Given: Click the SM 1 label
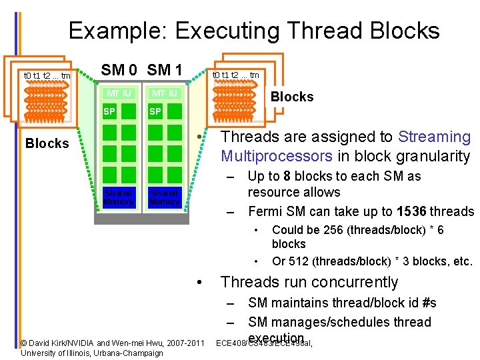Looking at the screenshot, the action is [165, 70].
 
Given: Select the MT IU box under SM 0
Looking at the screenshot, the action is [119, 94].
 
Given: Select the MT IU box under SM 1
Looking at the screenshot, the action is [164, 94].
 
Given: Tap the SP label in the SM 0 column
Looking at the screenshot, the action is [109, 111].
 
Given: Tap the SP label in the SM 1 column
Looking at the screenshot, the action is [155, 111].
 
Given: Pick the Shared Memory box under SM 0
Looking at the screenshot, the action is [119, 197].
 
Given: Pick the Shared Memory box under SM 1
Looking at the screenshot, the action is [164, 197].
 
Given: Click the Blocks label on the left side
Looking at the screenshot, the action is [47, 143].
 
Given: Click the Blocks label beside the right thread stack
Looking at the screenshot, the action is [291, 97].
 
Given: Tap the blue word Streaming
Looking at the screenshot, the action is [434, 137].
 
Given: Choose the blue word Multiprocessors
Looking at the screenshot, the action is [276, 157].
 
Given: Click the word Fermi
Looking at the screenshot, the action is [264, 212].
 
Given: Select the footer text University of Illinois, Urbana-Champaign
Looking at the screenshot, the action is [92, 353].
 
